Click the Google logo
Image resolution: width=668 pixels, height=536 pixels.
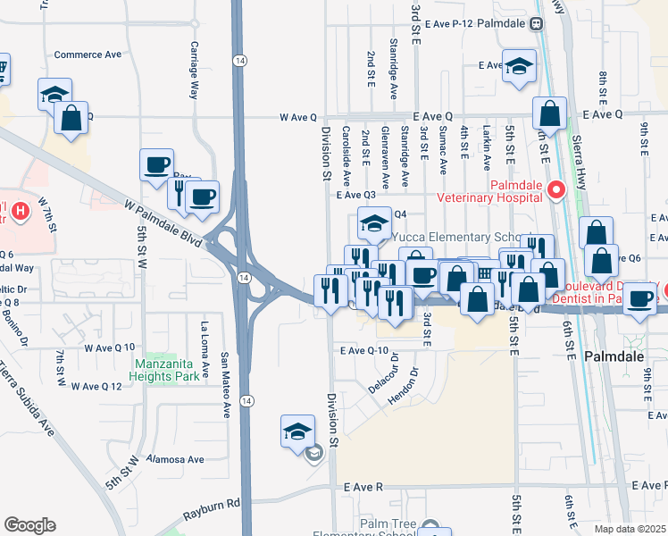coord(29,525)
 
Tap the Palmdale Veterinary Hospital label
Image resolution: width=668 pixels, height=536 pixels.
coord(489,189)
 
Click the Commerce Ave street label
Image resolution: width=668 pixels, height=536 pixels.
coord(88,54)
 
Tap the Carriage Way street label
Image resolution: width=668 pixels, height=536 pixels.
coord(194,70)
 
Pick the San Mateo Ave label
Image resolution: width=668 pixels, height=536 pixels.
coord(226,372)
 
